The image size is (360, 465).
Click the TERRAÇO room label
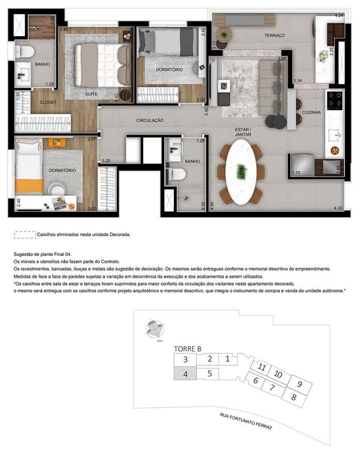coord(275,36)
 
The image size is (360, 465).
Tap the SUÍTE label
coord(91,94)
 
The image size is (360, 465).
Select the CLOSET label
coord(48,102)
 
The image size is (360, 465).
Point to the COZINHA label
coord(311,113)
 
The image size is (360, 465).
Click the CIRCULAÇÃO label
coord(150,120)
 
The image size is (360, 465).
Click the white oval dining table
coord(241,172)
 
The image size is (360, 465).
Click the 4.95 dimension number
coord(212,206)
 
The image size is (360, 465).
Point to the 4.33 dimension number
coord(338,208)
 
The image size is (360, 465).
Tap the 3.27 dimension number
coord(92,209)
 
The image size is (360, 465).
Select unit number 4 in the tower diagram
coord(185,374)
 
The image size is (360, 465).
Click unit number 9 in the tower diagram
coord(300,384)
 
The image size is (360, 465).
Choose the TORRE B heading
coord(187,349)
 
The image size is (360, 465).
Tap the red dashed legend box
coord(25,235)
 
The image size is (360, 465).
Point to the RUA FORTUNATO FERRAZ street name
coord(246,421)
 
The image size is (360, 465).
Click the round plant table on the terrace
coord(223,35)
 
